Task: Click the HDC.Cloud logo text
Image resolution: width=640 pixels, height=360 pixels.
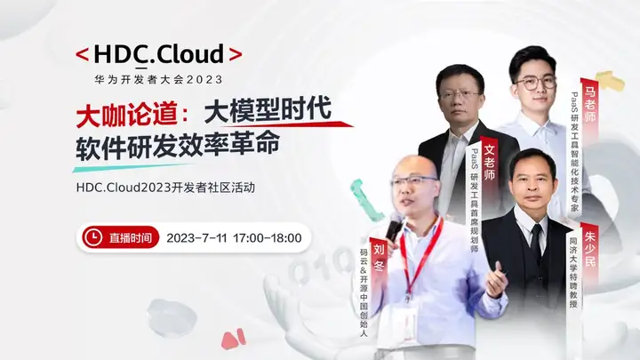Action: (158, 53)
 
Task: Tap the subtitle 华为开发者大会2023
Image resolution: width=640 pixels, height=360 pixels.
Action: (158, 78)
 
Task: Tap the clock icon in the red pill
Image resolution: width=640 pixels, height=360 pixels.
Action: (92, 237)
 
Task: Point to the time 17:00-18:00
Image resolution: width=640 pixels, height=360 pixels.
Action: (268, 238)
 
